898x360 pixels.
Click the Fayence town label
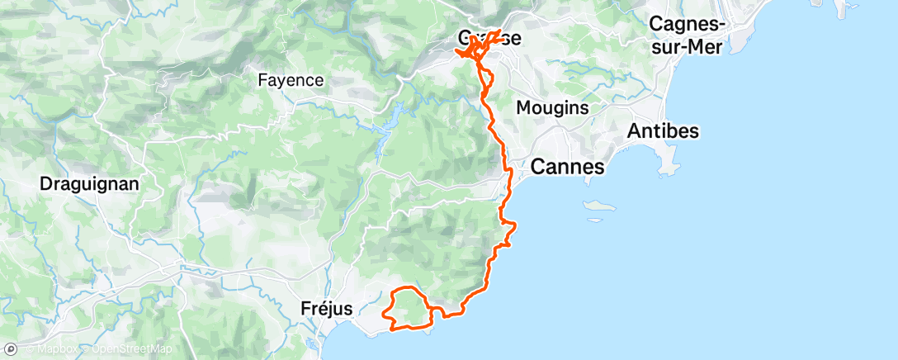(x=291, y=81)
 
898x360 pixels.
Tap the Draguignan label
(x=87, y=184)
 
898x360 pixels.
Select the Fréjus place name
(x=325, y=309)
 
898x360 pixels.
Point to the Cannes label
(x=568, y=167)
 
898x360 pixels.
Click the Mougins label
(x=551, y=107)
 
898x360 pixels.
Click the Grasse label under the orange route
(x=489, y=39)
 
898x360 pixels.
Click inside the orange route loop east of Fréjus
(x=406, y=307)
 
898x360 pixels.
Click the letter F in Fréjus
(x=302, y=309)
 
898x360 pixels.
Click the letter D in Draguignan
(x=46, y=184)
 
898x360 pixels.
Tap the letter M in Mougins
(x=523, y=107)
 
